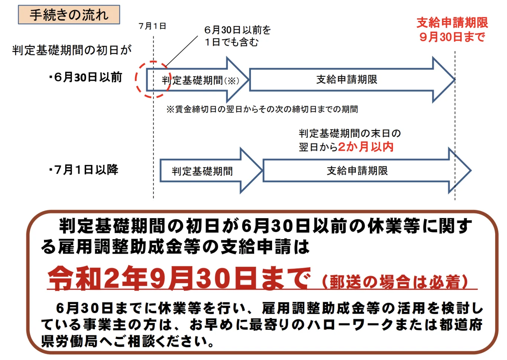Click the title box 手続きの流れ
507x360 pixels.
click(x=69, y=15)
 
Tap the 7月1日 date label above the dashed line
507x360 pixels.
click(x=152, y=26)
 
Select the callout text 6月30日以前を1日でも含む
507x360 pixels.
click(x=237, y=36)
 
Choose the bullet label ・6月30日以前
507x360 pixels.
click(x=86, y=77)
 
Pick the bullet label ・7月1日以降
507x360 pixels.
click(x=84, y=170)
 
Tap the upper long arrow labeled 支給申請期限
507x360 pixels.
click(x=347, y=79)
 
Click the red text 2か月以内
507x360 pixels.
click(x=366, y=147)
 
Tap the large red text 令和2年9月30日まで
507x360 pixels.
click(x=179, y=278)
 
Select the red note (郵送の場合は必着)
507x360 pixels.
click(x=395, y=282)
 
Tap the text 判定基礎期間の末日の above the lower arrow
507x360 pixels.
click(x=350, y=134)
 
